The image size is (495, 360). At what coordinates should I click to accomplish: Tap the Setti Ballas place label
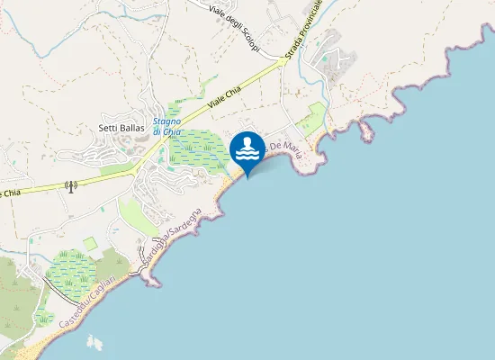121,128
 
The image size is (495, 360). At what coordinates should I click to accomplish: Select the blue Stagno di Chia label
167,127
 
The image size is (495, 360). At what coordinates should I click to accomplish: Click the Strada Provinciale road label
303,36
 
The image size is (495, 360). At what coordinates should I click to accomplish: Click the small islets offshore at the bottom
94,343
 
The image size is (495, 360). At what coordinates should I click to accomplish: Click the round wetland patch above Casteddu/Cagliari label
70,274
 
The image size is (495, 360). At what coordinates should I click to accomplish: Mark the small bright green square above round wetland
90,243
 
